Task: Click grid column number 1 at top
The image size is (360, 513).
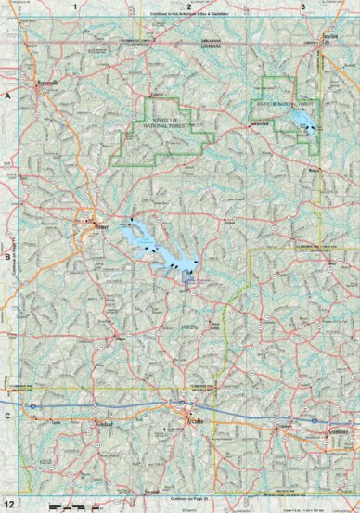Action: click(x=86, y=6)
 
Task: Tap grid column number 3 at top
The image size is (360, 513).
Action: click(x=303, y=6)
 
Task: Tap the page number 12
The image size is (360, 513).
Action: click(x=8, y=504)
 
